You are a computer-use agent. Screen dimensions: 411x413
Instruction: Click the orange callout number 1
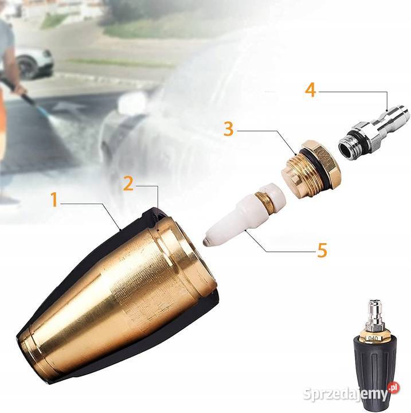(x=54, y=200)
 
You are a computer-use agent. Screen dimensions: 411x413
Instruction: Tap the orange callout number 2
(x=128, y=183)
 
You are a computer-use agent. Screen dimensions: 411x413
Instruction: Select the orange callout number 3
(x=228, y=129)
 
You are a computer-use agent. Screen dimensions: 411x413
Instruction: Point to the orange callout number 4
(x=311, y=90)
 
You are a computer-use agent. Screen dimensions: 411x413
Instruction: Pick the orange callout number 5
(x=322, y=250)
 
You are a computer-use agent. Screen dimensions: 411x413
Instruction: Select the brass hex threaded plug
(x=311, y=169)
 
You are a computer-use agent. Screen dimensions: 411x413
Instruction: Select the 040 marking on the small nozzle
(x=373, y=338)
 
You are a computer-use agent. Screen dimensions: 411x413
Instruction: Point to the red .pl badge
(x=393, y=388)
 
